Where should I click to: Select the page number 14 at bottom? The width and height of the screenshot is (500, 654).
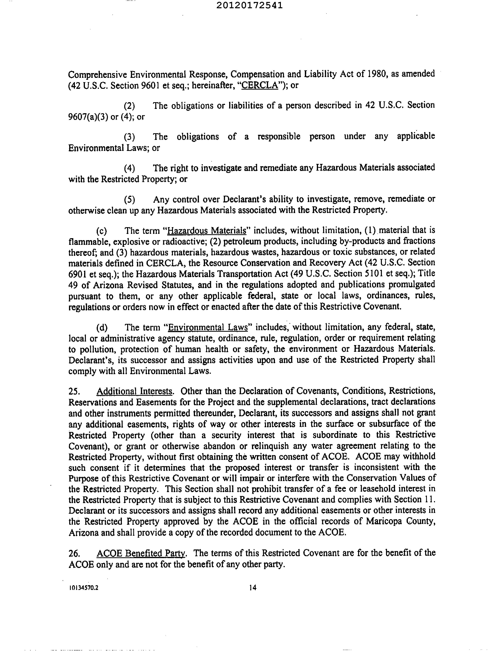tap(253, 588)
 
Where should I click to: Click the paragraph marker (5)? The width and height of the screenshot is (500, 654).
tap(129, 199)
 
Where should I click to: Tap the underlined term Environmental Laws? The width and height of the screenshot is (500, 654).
tap(208, 328)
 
